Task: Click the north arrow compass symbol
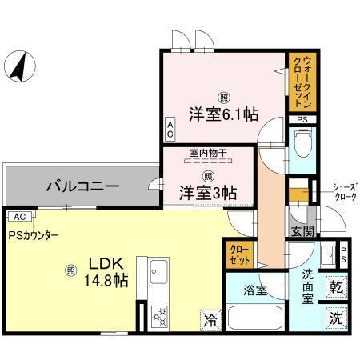[18, 66]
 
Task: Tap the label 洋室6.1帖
[223, 114]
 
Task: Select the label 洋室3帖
[206, 192]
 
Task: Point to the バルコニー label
[82, 186]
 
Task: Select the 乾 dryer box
[337, 286]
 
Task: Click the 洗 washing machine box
[337, 317]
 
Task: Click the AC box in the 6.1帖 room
[169, 128]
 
